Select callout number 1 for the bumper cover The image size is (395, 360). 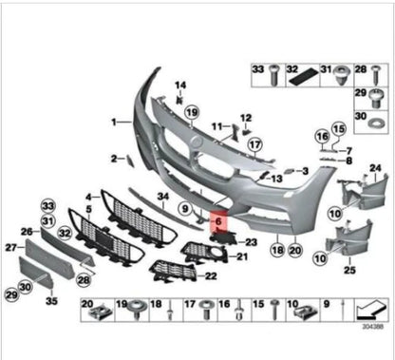click(x=114, y=123)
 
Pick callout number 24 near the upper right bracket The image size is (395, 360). click(x=374, y=168)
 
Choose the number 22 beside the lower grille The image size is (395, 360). click(x=211, y=275)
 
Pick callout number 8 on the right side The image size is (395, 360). click(x=349, y=161)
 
